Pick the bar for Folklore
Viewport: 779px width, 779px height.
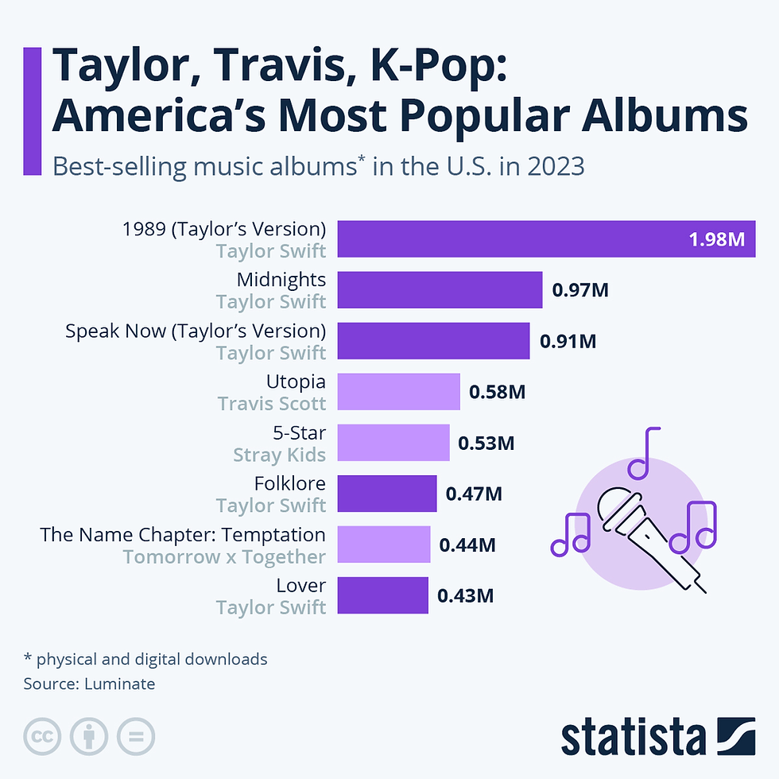pos(387,494)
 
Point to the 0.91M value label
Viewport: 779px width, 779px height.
pos(568,342)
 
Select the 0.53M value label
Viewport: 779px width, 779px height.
pos(486,443)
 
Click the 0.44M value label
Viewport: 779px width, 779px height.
pos(468,545)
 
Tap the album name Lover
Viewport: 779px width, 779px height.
pos(301,585)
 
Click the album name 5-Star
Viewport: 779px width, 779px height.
pos(299,433)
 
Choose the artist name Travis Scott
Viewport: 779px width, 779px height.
pos(272,404)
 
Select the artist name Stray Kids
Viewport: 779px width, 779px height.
pos(279,455)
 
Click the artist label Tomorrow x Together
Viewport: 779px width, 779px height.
pos(224,556)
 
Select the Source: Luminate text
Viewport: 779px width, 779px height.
pos(89,684)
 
